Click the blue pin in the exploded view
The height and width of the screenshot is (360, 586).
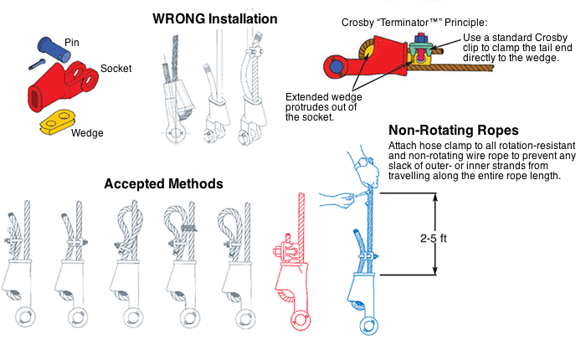pos(54,47)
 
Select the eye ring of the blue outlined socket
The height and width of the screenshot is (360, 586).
pos(369,324)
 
